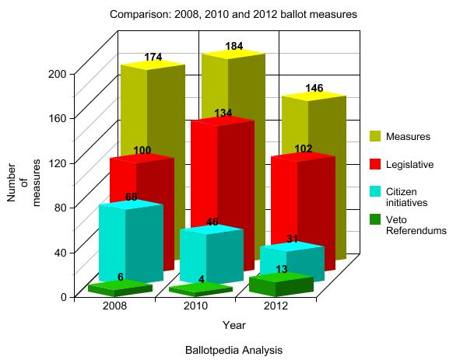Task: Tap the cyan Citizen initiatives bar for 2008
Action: click(125, 241)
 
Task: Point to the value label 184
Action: click(233, 47)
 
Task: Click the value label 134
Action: click(223, 114)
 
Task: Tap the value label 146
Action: click(314, 88)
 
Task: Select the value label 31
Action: click(292, 239)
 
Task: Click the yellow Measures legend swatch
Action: click(375, 137)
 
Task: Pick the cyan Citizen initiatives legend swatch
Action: click(375, 192)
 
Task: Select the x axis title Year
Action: click(234, 324)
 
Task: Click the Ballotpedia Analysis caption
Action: click(233, 350)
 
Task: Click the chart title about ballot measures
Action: click(234, 15)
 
